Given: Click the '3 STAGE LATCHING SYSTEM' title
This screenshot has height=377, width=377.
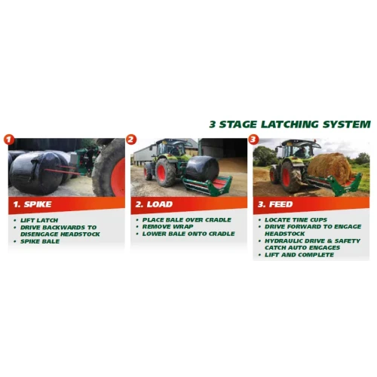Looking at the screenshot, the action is (x=290, y=124).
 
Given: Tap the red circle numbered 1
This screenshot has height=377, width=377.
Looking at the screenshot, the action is (x=9, y=139).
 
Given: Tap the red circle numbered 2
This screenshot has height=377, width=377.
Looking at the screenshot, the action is (x=131, y=139).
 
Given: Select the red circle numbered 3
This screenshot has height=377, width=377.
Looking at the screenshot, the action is (x=253, y=139).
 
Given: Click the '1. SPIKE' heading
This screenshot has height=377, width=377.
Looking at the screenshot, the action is (x=32, y=204).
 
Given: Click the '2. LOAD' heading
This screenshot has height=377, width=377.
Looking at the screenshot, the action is (x=154, y=204).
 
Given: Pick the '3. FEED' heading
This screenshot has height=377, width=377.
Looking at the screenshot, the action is (x=275, y=204).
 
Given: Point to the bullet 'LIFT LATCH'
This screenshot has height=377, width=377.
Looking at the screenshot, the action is (x=39, y=220).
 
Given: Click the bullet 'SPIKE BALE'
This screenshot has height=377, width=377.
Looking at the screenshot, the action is (x=40, y=241).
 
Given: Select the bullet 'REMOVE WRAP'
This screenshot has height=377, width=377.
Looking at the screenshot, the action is (x=168, y=226).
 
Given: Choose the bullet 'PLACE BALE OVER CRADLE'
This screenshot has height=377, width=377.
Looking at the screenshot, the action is (x=187, y=219).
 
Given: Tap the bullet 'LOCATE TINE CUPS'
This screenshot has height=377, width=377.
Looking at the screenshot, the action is (x=296, y=219).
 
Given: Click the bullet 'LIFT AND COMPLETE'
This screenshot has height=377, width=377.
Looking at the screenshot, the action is (x=299, y=255).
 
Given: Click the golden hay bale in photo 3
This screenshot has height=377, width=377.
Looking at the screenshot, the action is (x=329, y=167).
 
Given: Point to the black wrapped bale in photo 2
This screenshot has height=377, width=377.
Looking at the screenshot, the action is (x=202, y=168).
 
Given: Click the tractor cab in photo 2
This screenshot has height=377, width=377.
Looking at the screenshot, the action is (x=171, y=149).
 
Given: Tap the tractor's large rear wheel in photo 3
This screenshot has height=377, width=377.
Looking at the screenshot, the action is (x=291, y=176).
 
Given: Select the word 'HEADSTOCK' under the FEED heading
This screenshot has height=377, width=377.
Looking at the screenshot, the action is (x=285, y=234).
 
